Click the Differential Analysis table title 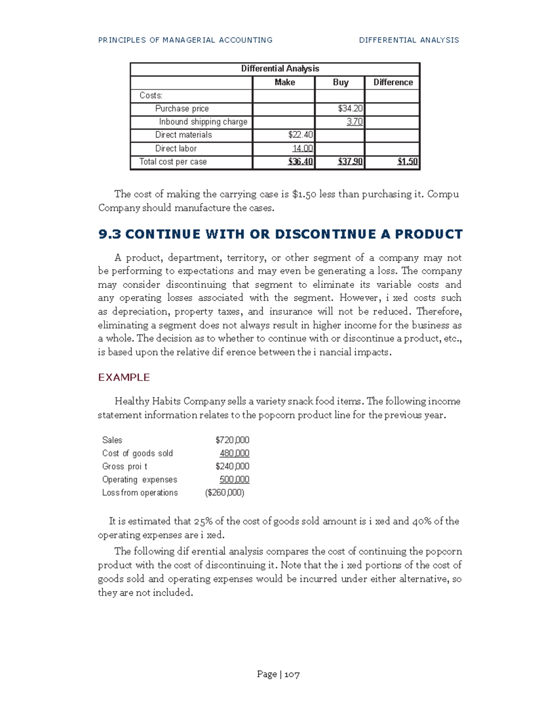tap(280, 69)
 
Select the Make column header tap(285, 82)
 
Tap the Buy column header tap(340, 82)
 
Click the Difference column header tap(393, 82)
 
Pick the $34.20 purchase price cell tap(350, 109)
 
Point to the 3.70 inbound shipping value tap(354, 122)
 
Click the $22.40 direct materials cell tap(300, 135)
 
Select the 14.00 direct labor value tap(302, 149)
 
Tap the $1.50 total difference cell tap(407, 162)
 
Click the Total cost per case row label tap(173, 162)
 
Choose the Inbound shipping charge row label tap(203, 122)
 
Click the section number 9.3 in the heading tap(110, 234)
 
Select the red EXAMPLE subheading tap(123, 377)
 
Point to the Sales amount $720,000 tap(232, 440)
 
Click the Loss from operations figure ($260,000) tap(225, 493)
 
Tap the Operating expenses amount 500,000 tap(234, 480)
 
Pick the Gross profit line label tap(124, 467)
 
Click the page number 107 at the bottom tap(292, 675)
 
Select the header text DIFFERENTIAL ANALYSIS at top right tap(408, 40)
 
